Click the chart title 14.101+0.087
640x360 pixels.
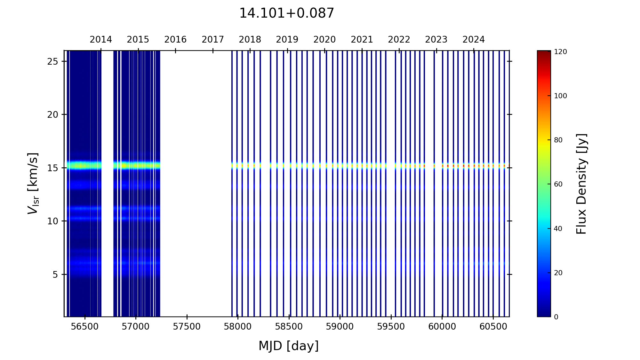point(286,13)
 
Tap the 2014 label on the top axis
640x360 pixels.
point(101,40)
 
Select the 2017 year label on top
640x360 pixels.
point(213,40)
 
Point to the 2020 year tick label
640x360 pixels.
point(324,40)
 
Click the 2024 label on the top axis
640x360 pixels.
point(474,40)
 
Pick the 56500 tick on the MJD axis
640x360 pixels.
point(85,327)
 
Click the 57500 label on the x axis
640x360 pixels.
point(187,327)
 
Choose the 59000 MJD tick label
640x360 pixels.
point(340,327)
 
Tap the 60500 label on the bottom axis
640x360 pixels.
point(493,327)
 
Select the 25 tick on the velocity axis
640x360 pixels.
point(52,61)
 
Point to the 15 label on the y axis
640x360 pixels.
point(52,168)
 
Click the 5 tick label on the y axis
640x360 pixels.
point(55,275)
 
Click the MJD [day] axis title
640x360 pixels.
point(289,346)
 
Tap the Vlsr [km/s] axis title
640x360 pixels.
point(33,183)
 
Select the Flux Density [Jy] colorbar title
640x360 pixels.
point(581,184)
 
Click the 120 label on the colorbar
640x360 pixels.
point(560,52)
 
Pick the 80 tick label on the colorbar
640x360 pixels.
point(558,140)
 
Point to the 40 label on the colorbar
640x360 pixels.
point(558,229)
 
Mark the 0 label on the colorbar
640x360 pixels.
point(556,317)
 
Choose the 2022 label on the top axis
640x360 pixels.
point(399,40)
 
